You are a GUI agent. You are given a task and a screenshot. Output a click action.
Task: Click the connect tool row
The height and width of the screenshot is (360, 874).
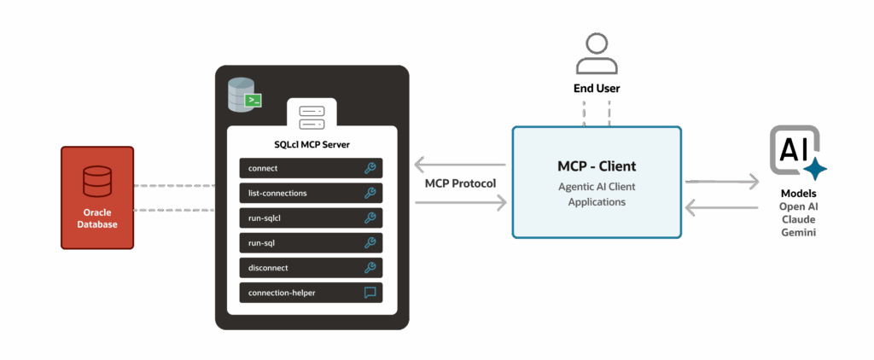pyautogui.click(x=311, y=168)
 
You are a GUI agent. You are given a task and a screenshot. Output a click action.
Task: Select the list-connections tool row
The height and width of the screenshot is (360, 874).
pyautogui.click(x=311, y=193)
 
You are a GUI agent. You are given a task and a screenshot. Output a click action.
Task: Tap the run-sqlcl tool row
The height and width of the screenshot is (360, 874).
pyautogui.click(x=311, y=218)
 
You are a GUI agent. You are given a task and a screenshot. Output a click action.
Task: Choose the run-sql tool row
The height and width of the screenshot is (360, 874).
pyautogui.click(x=311, y=242)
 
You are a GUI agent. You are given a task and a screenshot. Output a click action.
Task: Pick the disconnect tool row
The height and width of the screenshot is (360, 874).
pyautogui.click(x=311, y=268)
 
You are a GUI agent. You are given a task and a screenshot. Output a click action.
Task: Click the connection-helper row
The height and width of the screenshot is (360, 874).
pyautogui.click(x=311, y=293)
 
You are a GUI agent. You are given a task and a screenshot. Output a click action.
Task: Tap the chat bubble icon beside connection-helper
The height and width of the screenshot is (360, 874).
pyautogui.click(x=370, y=293)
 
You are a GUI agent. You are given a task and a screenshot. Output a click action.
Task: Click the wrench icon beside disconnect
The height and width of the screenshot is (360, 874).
pyautogui.click(x=370, y=268)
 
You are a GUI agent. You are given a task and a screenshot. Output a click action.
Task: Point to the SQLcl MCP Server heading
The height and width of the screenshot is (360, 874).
pyautogui.click(x=312, y=145)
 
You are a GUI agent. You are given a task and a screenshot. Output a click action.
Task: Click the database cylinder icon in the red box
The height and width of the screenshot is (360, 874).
pyautogui.click(x=97, y=182)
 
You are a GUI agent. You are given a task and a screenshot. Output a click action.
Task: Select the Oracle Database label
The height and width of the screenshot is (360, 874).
pyautogui.click(x=97, y=218)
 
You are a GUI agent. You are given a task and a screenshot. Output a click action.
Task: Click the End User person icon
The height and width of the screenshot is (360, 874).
pyautogui.click(x=597, y=54)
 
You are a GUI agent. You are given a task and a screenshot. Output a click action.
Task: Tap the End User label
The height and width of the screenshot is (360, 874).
pyautogui.click(x=597, y=89)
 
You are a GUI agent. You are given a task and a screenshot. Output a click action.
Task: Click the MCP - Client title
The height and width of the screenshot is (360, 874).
pyautogui.click(x=597, y=166)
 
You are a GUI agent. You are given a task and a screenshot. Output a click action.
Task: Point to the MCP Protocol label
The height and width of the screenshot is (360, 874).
pyautogui.click(x=460, y=183)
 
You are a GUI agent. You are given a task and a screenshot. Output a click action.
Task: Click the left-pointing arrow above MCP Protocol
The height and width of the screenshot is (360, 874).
pyautogui.click(x=460, y=165)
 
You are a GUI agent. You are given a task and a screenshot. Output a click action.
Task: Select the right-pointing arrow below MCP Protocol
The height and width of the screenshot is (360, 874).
pyautogui.click(x=460, y=202)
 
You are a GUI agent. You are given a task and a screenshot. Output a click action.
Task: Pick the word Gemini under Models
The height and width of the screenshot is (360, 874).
pyautogui.click(x=799, y=233)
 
